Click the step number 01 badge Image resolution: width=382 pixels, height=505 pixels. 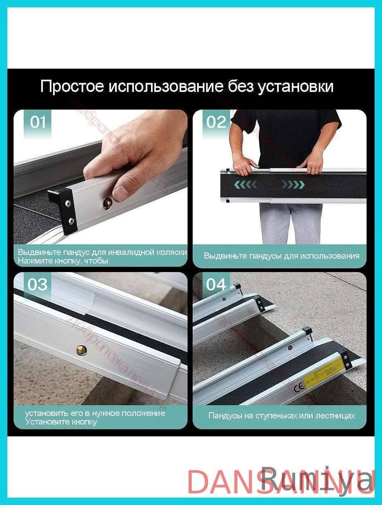[38, 122]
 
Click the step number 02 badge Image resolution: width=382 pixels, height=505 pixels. [216, 122]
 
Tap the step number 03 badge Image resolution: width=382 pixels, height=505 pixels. [38, 285]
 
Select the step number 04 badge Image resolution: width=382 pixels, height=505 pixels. [216, 285]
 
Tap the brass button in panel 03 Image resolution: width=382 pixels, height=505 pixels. [82, 350]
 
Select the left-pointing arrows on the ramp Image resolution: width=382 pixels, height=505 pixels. [246, 185]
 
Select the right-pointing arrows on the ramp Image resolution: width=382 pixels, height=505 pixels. [293, 185]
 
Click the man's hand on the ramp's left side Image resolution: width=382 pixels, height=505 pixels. [244, 165]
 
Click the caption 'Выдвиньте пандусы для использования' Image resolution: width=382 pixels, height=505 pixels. [282, 256]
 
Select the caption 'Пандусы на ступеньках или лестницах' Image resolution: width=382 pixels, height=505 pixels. [282, 416]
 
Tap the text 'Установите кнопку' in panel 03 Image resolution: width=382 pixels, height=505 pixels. [61, 422]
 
